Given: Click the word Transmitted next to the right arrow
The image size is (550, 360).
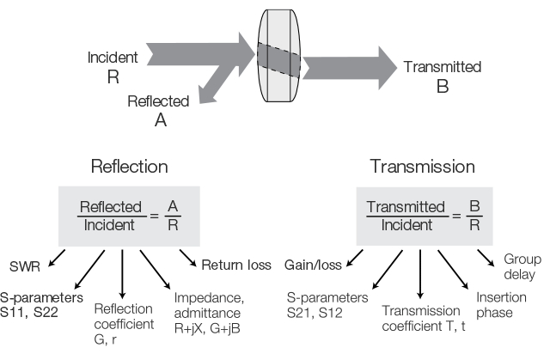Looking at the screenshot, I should pyautogui.click(x=443, y=67).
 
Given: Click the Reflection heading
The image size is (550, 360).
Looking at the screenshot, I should pyautogui.click(x=130, y=166).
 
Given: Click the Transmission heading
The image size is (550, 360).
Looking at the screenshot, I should pyautogui.click(x=422, y=166).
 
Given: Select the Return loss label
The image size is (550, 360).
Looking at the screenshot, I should pyautogui.click(x=235, y=265).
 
